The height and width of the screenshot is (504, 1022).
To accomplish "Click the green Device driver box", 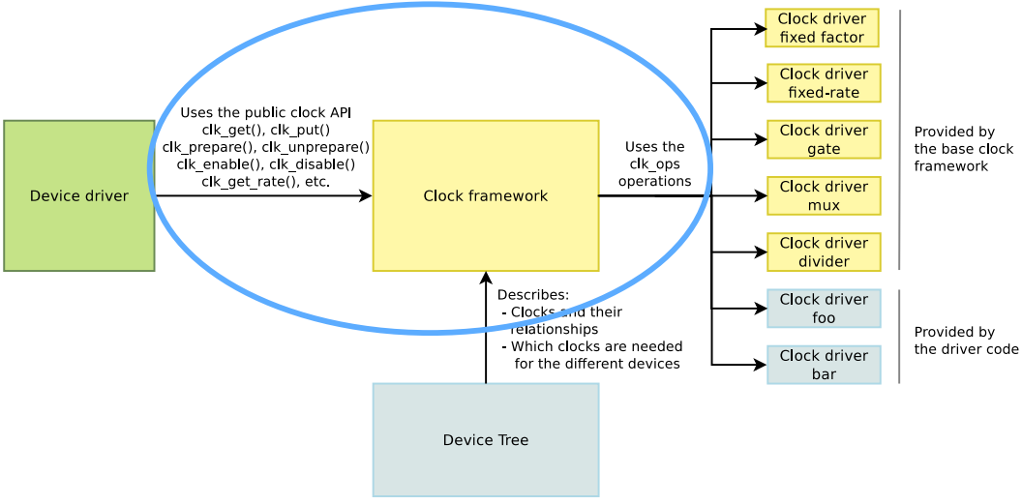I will (x=79, y=195).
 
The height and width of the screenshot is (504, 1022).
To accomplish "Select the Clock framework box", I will (x=485, y=195).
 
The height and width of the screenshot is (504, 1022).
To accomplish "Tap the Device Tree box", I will (x=485, y=440).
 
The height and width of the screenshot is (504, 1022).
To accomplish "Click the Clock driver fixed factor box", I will (x=822, y=28).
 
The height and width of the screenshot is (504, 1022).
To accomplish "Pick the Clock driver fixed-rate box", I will (x=824, y=83).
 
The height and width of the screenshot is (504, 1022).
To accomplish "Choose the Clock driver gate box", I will (x=824, y=139).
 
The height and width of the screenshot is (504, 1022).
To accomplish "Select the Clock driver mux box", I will (x=824, y=195).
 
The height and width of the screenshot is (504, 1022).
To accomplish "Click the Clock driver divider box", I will (x=824, y=252).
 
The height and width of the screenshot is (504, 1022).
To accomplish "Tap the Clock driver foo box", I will (x=824, y=309).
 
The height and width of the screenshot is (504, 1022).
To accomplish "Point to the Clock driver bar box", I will (x=824, y=365).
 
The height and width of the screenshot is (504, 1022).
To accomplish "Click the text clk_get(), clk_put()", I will (x=265, y=130).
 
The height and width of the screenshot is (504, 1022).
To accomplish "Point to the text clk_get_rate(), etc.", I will (x=265, y=182).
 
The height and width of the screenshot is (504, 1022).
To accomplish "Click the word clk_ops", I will (x=654, y=163).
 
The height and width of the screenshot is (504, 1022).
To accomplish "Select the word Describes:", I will (x=532, y=295).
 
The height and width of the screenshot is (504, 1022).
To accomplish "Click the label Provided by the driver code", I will (x=966, y=341).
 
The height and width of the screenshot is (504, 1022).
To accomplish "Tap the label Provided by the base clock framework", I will (x=963, y=149).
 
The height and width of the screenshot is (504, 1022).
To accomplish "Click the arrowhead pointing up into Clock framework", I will (x=486, y=278).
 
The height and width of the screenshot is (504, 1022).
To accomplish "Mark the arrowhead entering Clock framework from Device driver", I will (x=366, y=195).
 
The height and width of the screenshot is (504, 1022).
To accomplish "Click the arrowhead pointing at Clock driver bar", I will (x=761, y=365).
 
